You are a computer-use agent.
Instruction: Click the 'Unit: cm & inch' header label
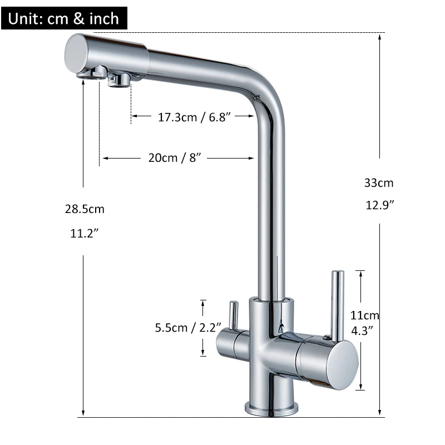click(x=64, y=18)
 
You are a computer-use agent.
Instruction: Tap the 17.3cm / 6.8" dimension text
click(x=194, y=117)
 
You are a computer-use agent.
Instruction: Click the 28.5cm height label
click(x=85, y=209)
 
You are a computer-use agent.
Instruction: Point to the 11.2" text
click(x=85, y=234)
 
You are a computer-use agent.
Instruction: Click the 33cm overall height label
click(x=379, y=182)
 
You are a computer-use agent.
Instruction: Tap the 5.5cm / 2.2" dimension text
click(x=188, y=328)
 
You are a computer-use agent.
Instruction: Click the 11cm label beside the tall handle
click(x=365, y=315)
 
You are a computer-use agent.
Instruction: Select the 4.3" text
click(x=365, y=330)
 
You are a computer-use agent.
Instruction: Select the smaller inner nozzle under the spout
click(x=119, y=81)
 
